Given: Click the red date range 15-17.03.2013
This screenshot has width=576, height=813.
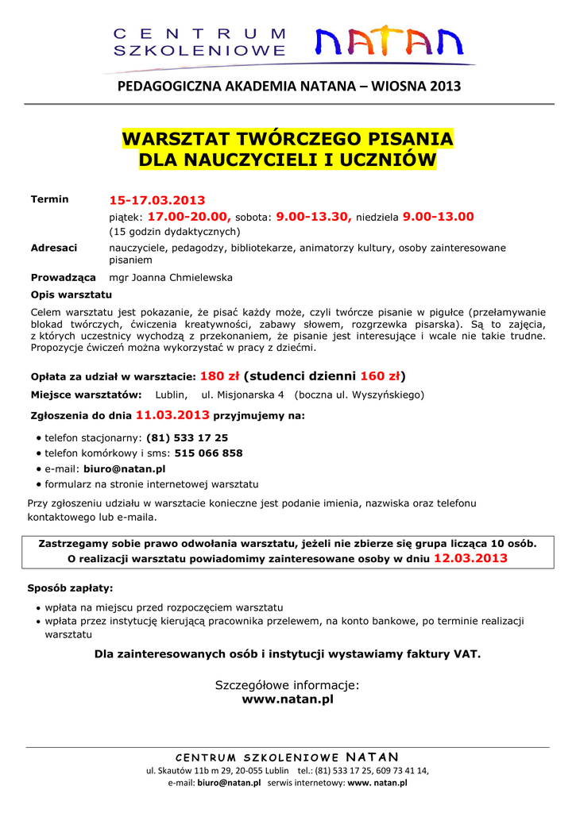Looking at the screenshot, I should (157, 200).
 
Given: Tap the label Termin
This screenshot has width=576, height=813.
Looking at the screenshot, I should (49, 199).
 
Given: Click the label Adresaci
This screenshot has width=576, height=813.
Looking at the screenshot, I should (53, 248).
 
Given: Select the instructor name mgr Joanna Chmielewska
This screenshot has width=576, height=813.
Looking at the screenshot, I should (171, 278).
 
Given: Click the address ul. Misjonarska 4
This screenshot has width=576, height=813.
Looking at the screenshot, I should (242, 395).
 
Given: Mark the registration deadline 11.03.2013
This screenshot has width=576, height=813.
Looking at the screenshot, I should (172, 414).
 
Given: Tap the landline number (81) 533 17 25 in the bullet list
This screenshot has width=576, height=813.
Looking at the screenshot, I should (187, 437).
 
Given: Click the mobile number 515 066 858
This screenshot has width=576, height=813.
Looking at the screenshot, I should (208, 453).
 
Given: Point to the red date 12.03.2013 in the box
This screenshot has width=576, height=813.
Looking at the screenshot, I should (470, 559).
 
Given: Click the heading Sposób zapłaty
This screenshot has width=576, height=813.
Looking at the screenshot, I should (70, 588).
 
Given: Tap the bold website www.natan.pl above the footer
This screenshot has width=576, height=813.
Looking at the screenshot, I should (288, 699).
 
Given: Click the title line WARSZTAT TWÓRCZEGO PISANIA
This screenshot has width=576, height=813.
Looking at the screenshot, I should (288, 139).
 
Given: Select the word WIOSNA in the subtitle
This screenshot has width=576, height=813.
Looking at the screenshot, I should (400, 86).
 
